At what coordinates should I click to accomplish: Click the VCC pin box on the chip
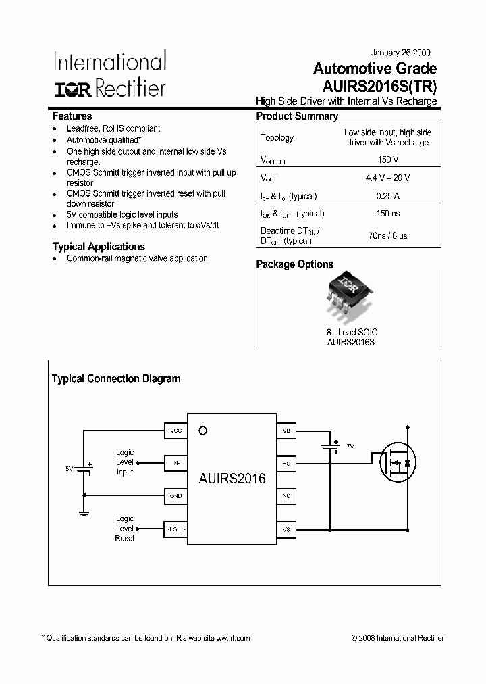point(176,431)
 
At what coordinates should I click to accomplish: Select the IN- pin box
point(176,463)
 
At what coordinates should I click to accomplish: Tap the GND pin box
point(176,496)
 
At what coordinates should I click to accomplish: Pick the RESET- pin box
point(175,529)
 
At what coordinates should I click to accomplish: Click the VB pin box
point(286,431)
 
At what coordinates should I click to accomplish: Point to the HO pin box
point(286,463)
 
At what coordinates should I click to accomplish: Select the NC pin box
point(286,496)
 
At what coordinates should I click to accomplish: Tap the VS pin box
point(286,529)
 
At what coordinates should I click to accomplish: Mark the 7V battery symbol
point(331,447)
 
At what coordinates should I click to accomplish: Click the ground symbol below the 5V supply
point(84,513)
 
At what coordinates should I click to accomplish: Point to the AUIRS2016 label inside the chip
point(232,479)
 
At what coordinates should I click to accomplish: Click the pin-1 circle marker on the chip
point(202,431)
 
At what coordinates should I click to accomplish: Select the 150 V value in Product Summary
point(387,160)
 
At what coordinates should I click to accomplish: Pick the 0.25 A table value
point(387,196)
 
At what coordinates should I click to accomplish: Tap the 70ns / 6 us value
point(387,236)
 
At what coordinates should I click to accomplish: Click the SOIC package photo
point(350,297)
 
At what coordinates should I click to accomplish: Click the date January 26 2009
point(401,53)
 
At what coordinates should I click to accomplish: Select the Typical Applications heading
point(99,247)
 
